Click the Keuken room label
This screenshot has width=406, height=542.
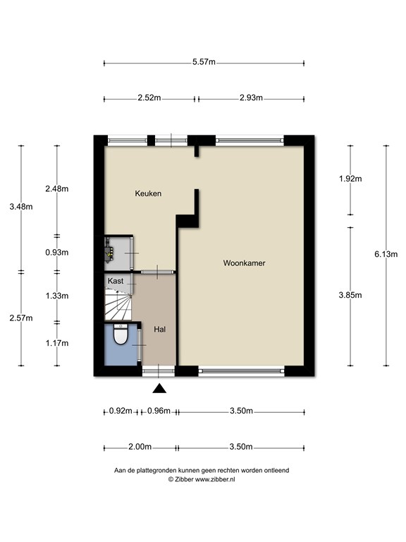click(148, 193)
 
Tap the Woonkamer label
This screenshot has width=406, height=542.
click(244, 263)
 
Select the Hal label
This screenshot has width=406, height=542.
click(159, 330)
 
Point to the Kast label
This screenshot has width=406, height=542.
click(116, 281)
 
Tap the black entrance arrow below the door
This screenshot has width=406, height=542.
click(159, 389)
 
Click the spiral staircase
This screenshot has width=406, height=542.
click(118, 305)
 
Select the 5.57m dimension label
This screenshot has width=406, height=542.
click(204, 62)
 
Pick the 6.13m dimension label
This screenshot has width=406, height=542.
click(386, 254)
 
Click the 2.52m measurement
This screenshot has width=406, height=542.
click(149, 98)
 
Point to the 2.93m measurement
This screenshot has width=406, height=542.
click(251, 98)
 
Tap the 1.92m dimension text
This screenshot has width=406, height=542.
click(350, 179)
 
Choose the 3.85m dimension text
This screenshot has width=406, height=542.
click(350, 295)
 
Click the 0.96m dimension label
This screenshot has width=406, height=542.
click(159, 411)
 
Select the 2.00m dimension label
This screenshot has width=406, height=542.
click(140, 447)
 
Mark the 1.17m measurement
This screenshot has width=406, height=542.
click(57, 343)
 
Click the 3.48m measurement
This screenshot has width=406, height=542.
click(21, 207)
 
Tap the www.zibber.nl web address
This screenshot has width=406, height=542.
click(215, 479)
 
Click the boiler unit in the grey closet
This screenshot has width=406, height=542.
click(110, 253)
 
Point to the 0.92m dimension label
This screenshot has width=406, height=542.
click(121, 411)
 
